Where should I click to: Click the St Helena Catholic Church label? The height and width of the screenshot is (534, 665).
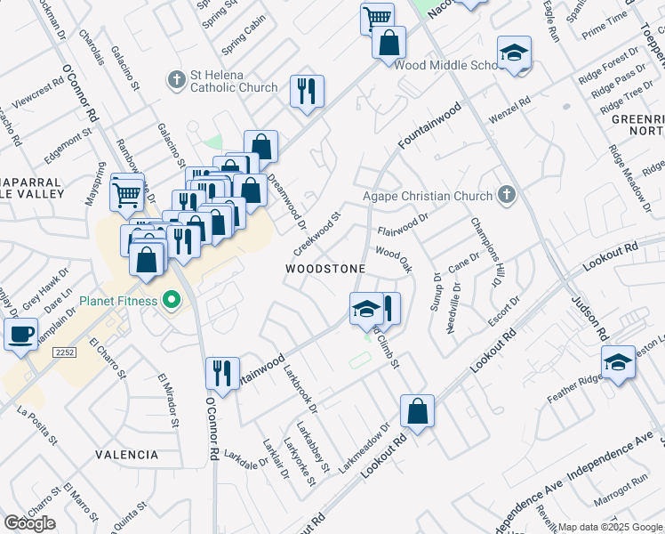(x=234, y=80)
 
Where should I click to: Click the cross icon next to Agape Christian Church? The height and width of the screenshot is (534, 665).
(x=506, y=195)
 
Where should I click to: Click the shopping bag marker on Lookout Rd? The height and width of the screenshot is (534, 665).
(x=416, y=411)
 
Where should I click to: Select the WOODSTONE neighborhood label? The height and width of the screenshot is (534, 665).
(x=324, y=269)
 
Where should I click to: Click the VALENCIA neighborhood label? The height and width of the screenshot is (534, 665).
(x=127, y=455)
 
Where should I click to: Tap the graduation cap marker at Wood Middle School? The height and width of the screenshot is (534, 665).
(x=514, y=53)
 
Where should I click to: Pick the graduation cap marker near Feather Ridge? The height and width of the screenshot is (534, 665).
(x=618, y=362)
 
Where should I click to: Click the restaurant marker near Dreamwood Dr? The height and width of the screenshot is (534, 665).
(x=306, y=90)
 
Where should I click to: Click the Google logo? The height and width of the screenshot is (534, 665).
(x=29, y=523)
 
